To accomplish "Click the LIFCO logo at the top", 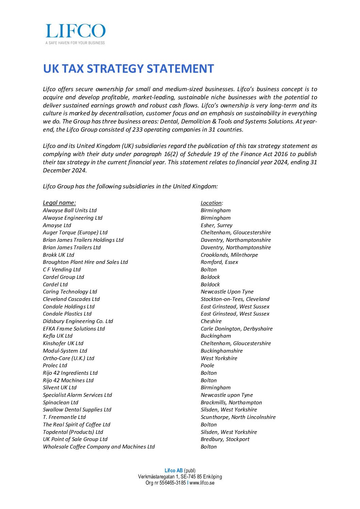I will (75, 31).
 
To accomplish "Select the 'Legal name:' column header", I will (59, 203).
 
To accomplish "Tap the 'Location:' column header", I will (212, 203).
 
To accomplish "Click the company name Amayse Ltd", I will (57, 225).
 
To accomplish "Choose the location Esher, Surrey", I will (216, 225).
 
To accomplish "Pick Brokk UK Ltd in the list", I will (58, 255).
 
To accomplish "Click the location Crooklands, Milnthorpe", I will (229, 255).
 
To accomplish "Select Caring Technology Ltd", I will (70, 291).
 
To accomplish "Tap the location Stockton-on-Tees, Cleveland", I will (235, 299).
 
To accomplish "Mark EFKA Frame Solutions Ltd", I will (73, 328).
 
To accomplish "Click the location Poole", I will (207, 365).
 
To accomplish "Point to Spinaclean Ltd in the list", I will (61, 402).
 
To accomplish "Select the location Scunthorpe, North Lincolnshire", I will (238, 417).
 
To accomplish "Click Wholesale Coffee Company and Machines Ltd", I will (99, 446).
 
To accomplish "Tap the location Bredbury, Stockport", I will (225, 439).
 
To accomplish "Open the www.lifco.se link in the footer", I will (202, 482).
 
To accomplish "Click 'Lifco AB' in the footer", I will (174, 471).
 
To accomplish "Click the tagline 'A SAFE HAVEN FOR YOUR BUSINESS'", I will (75, 43).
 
